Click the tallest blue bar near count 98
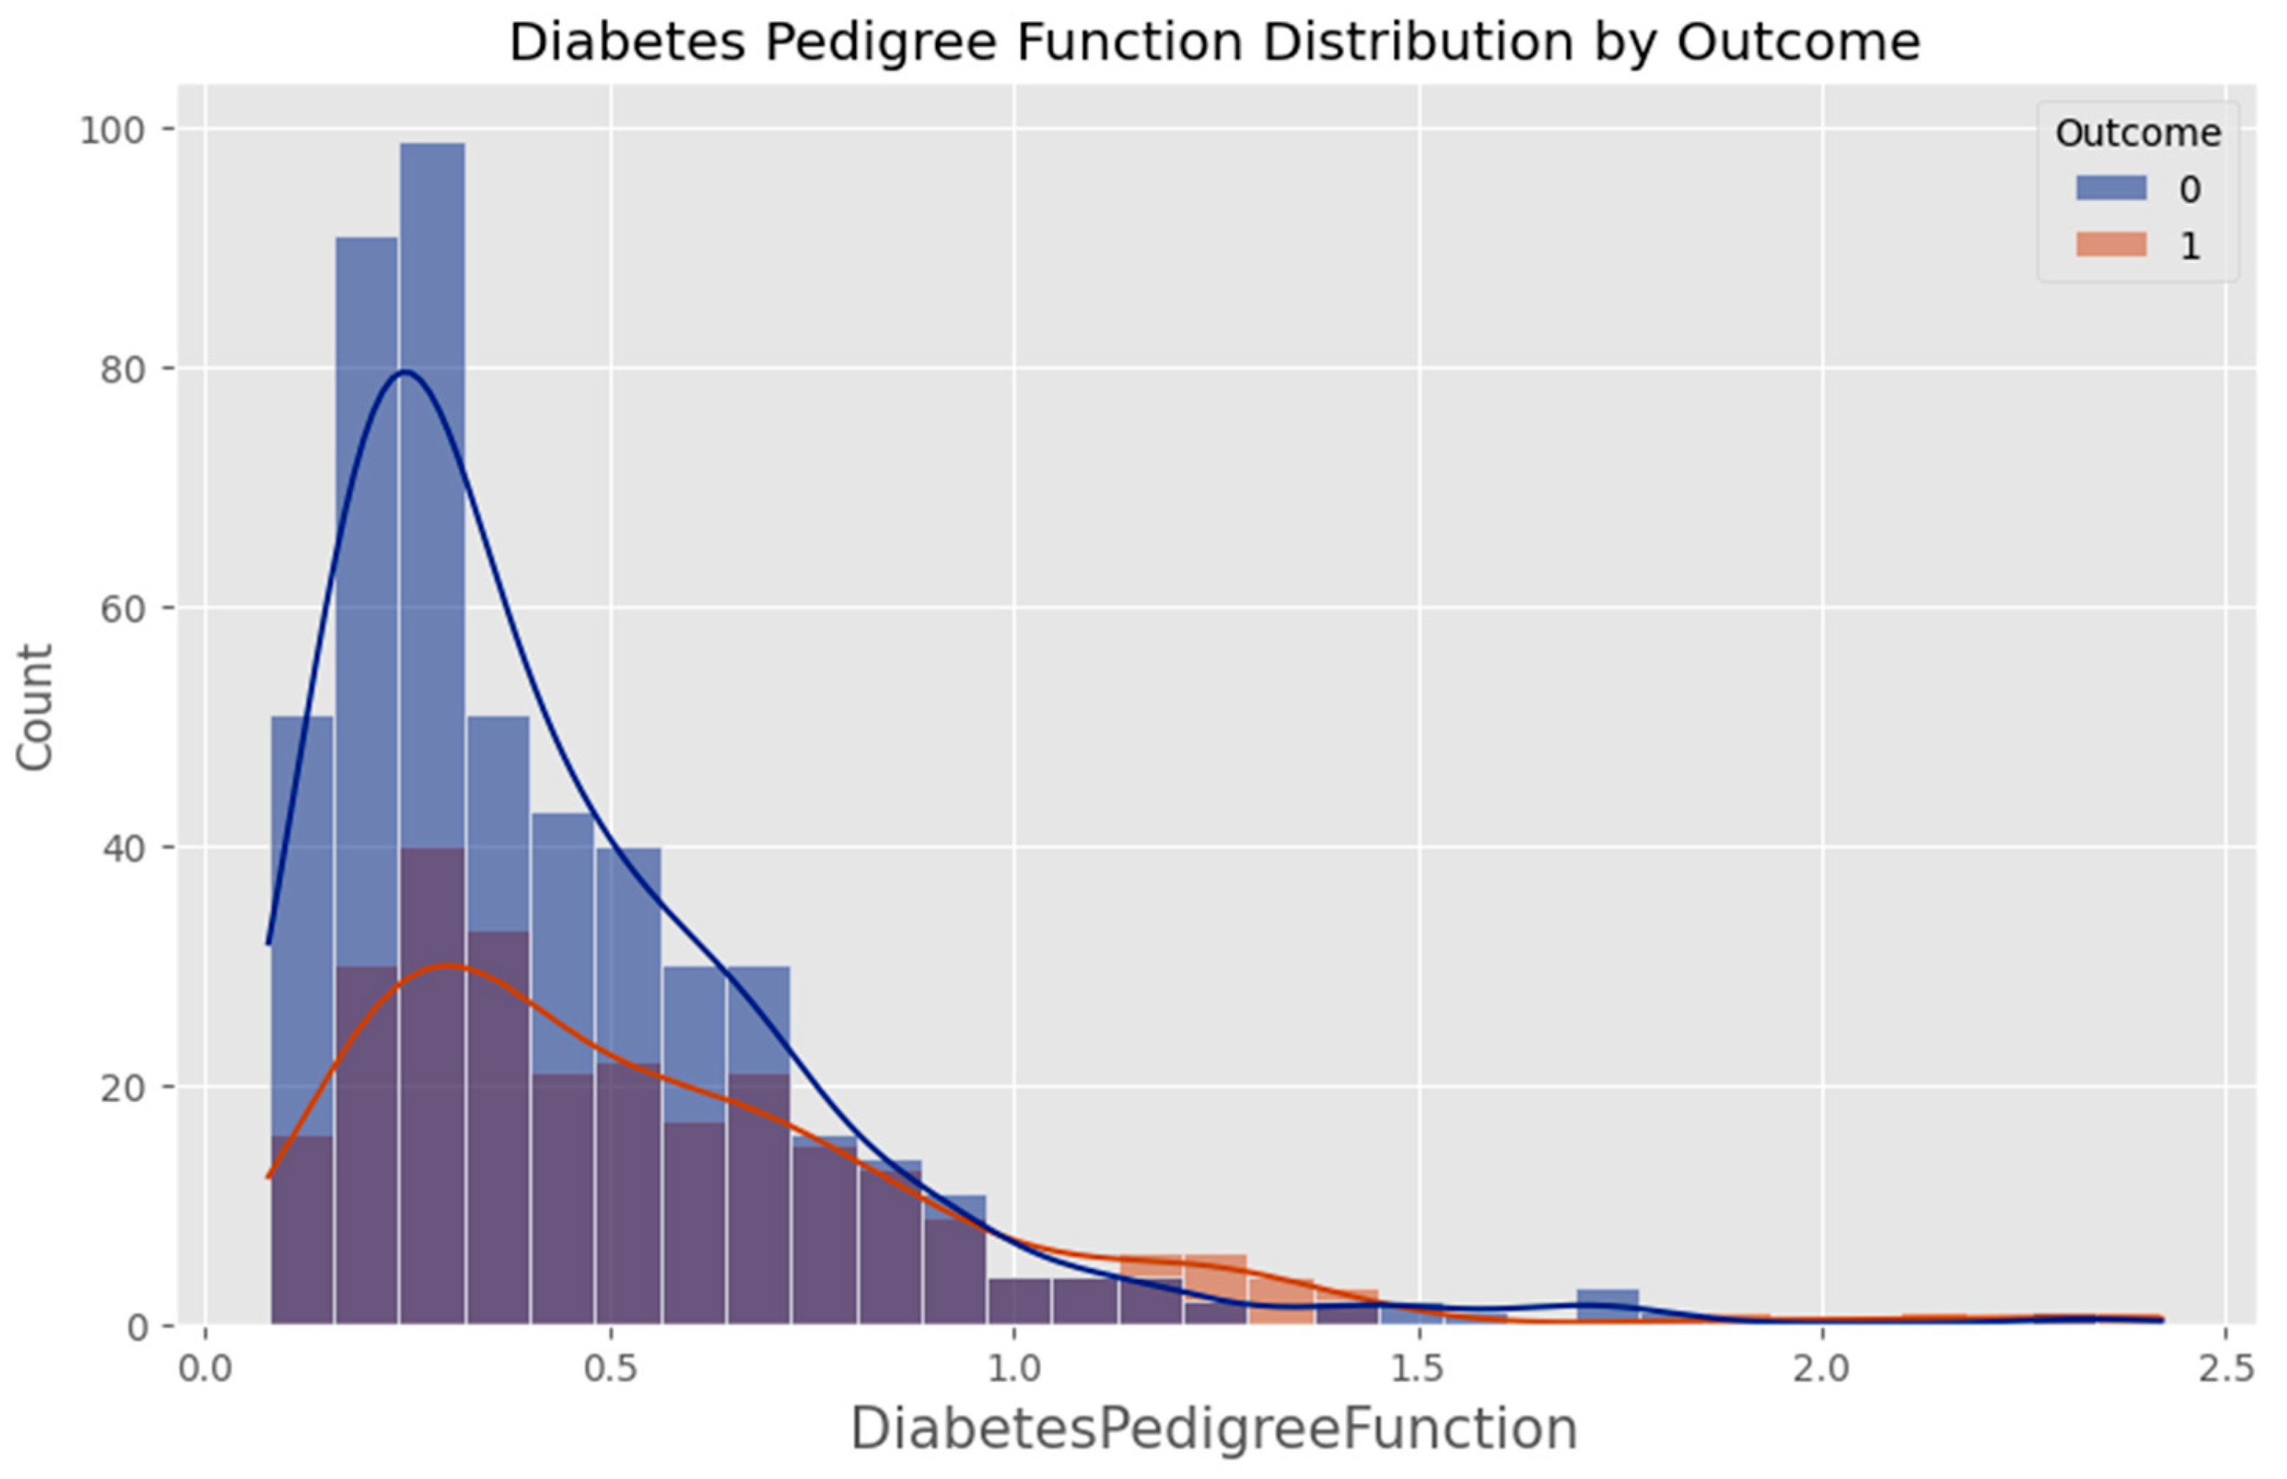432,481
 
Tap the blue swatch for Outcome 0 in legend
2111,188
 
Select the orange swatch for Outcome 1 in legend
2111,245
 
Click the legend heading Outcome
2137,133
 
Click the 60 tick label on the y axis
122,609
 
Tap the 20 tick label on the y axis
122,1088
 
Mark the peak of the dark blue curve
405,371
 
